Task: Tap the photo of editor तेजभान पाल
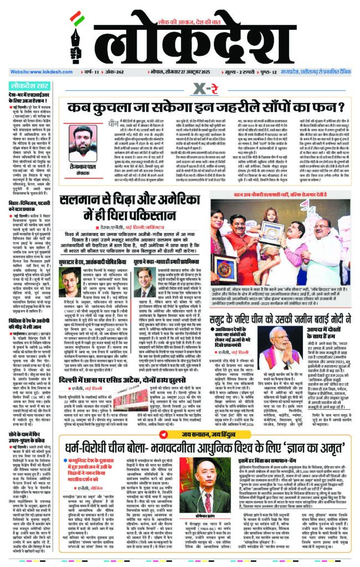(81, 141)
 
